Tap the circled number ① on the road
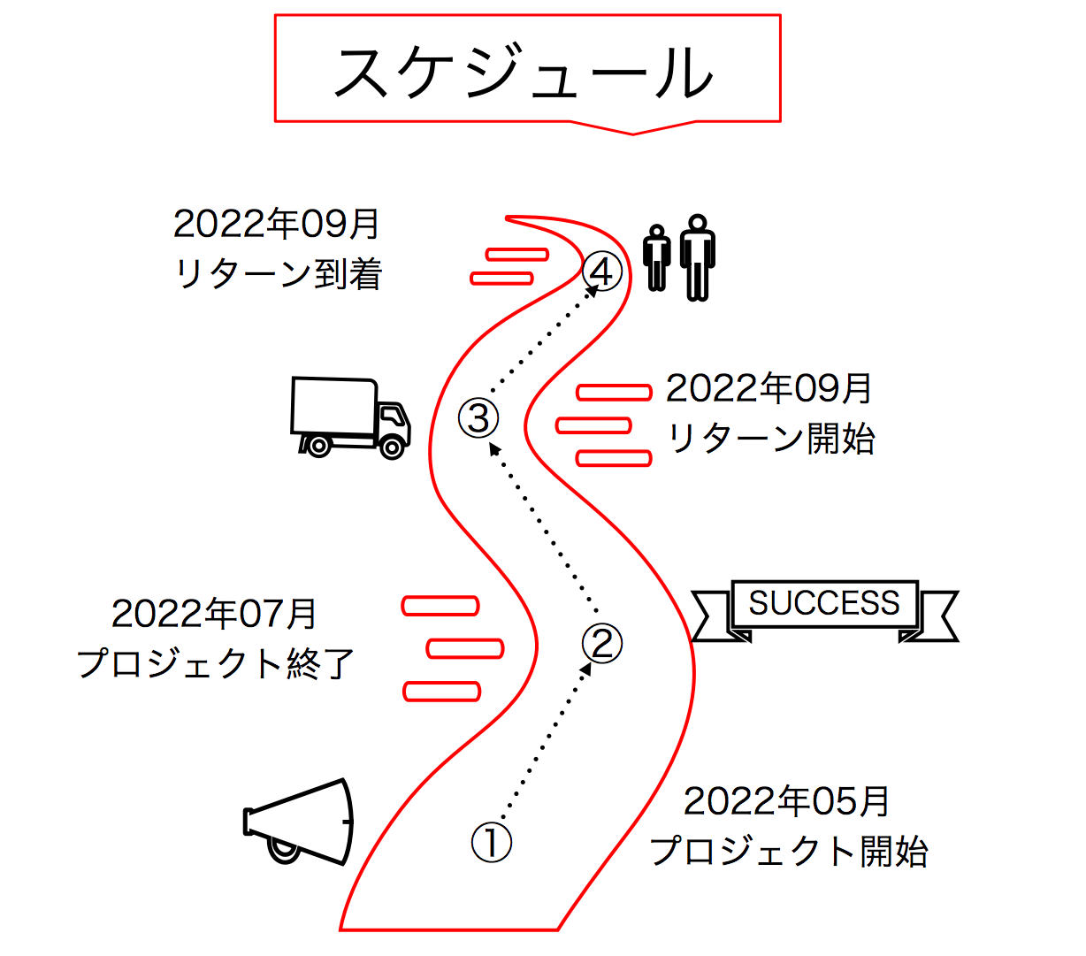pos(492,842)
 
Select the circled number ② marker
pos(602,643)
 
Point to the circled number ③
pos(479,417)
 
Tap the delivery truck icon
pos(350,417)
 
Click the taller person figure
pos(698,257)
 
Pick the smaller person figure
pos(657,257)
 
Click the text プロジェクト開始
pos(789,852)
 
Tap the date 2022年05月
pos(786,801)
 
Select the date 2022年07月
pos(215,613)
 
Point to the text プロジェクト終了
pos(217,663)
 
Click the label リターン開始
pos(770,439)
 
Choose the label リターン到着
pos(279,275)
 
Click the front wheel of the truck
pos(390,445)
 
